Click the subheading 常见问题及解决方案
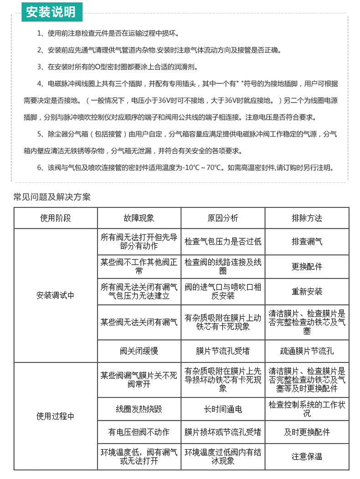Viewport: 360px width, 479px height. (52, 197)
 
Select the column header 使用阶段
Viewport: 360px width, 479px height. (56, 218)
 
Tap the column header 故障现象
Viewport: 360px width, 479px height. (139, 218)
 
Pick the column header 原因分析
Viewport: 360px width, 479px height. (223, 218)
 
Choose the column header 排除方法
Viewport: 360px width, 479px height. (307, 218)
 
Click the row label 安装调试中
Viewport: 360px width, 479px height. (56, 295)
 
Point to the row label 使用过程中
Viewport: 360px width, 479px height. (56, 416)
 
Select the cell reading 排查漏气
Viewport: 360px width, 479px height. (307, 242)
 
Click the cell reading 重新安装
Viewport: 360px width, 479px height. (307, 291)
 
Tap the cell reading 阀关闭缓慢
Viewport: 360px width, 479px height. (139, 351)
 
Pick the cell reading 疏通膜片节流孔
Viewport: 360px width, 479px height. (307, 351)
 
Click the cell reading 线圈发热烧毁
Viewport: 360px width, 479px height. (139, 409)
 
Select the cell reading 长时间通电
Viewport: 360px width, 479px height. (223, 409)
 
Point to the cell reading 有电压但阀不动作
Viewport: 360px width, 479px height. (139, 432)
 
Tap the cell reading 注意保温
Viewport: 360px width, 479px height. (307, 456)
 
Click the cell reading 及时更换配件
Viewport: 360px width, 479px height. (307, 432)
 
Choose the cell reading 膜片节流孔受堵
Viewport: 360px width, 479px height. (223, 351)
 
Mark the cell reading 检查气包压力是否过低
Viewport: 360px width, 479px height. (223, 242)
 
